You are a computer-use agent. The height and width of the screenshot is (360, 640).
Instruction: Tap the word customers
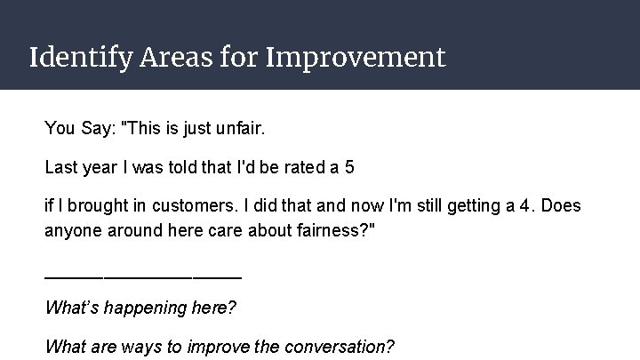[197, 206]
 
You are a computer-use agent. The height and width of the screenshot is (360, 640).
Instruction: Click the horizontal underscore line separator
[142, 276]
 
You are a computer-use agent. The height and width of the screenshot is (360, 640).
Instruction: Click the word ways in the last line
[134, 346]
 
